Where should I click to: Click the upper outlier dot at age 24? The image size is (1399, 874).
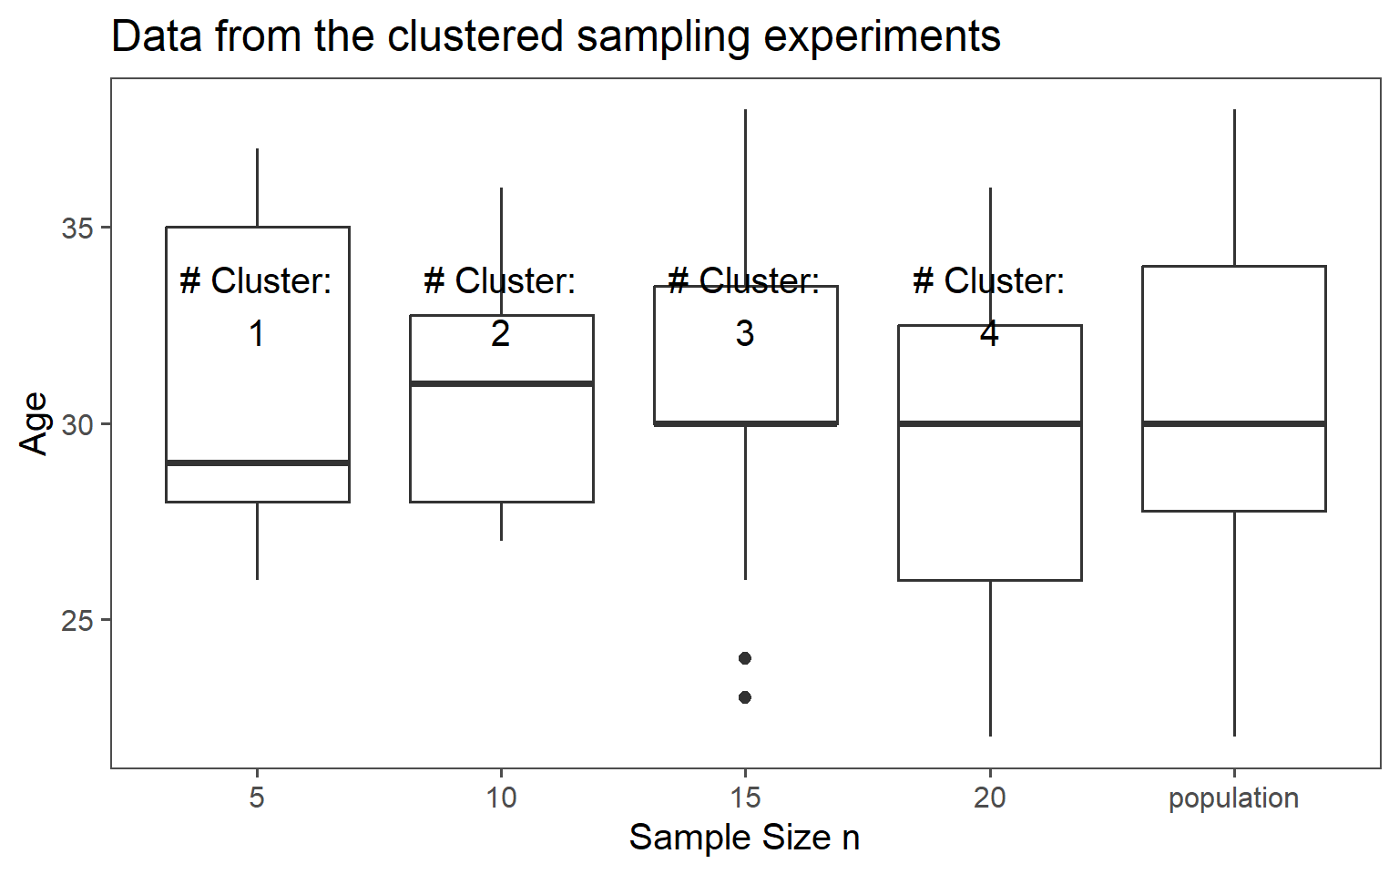click(745, 658)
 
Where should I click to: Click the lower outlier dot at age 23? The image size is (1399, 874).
click(745, 697)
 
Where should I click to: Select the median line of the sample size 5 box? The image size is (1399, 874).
click(258, 462)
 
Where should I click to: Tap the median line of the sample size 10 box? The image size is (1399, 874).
click(502, 383)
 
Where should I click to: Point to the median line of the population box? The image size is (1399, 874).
click(1234, 423)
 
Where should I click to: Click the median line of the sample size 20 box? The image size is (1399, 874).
click(990, 423)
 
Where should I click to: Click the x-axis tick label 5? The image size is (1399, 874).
click(257, 798)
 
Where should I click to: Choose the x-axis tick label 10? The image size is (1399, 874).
click(501, 798)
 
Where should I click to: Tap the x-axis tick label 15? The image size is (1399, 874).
click(745, 798)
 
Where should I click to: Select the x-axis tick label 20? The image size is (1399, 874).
click(990, 798)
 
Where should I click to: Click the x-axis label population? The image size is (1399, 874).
click(1233, 798)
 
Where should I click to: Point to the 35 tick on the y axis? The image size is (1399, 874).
click(78, 228)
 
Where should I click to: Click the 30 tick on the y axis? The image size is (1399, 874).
click(78, 424)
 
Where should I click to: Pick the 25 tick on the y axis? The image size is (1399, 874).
click(78, 621)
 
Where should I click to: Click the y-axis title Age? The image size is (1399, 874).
click(34, 423)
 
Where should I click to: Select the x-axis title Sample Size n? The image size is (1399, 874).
click(744, 838)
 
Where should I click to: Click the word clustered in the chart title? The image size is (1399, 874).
click(475, 37)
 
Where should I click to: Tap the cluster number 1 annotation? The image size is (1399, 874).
click(257, 334)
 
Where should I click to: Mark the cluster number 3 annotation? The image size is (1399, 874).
click(745, 334)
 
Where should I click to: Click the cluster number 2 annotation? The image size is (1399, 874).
click(500, 334)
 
